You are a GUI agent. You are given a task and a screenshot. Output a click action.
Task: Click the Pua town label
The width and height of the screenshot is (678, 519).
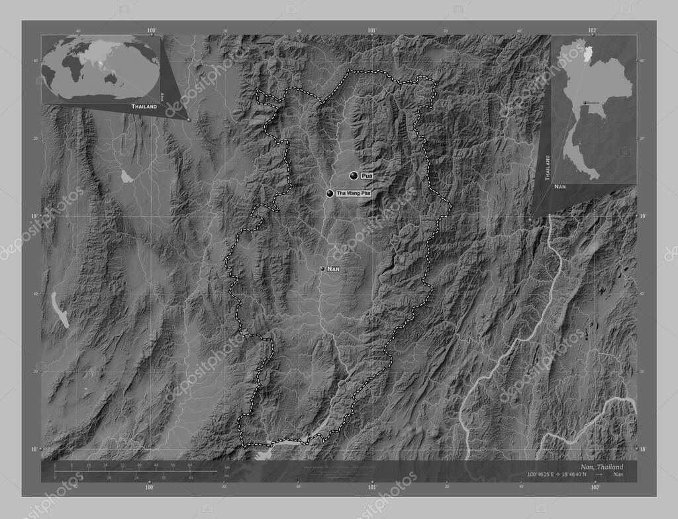coord(367,175)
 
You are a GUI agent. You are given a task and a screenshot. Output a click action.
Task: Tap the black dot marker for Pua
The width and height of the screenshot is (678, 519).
coord(354,175)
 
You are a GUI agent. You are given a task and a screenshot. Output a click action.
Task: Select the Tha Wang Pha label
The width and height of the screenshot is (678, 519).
coord(354,193)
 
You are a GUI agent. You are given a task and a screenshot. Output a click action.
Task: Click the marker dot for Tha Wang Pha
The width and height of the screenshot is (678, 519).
coord(330,194)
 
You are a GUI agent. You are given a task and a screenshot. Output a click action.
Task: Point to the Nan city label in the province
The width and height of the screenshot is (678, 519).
coord(334,269)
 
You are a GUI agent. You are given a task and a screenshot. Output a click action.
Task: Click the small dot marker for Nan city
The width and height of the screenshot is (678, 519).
coord(322,268)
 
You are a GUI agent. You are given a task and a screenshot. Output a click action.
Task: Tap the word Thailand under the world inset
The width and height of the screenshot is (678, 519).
coord(144,106)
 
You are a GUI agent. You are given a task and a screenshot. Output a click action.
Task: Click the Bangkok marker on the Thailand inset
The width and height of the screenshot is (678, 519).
coord(584,103)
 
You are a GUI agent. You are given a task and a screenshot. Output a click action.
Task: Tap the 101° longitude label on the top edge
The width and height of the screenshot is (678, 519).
coord(371,30)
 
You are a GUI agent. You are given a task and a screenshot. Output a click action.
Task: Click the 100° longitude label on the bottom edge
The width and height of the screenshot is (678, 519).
coord(150,487)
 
